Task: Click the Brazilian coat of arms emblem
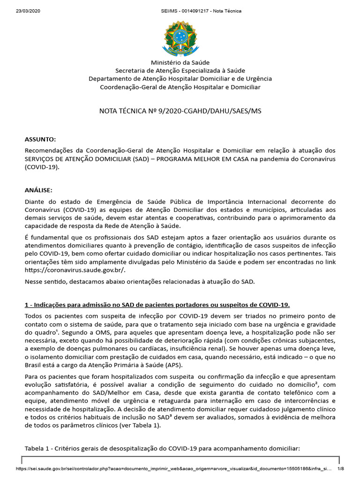click(180, 36)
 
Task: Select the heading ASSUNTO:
click(40, 139)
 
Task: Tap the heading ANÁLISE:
click(38, 190)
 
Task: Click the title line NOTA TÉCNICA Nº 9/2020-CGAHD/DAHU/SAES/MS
click(180, 111)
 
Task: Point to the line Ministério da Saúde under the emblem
click(180, 62)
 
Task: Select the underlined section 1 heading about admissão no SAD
click(157, 305)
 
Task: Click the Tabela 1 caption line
click(162, 448)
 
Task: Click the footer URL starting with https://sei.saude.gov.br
click(173, 468)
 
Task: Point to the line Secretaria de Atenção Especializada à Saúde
click(180, 70)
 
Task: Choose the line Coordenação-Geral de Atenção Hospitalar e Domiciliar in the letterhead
click(180, 87)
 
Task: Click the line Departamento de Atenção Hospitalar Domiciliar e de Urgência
click(180, 79)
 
